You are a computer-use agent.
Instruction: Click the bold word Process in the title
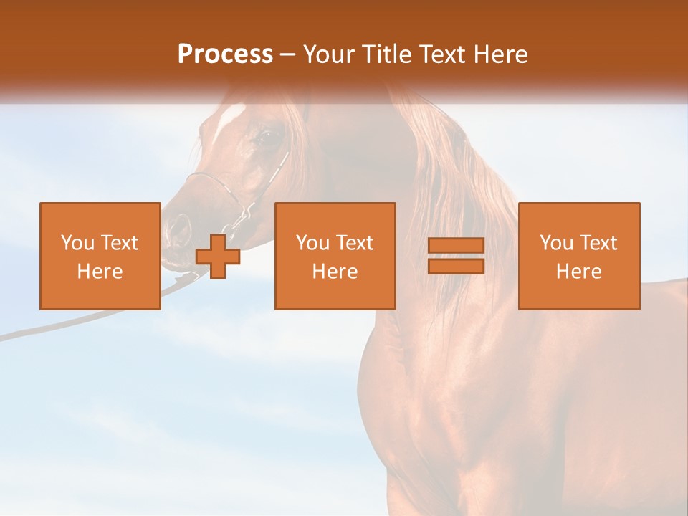[x=225, y=54]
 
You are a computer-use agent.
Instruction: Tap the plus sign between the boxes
[x=218, y=256]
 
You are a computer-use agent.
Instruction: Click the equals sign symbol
[x=456, y=256]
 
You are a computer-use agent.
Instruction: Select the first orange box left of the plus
[x=100, y=256]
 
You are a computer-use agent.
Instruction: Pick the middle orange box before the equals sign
[x=335, y=256]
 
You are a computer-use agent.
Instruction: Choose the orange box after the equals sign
[x=579, y=256]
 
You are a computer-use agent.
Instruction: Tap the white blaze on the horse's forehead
[x=231, y=115]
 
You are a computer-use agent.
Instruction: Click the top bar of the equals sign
[x=456, y=246]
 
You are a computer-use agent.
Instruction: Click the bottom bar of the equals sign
[x=456, y=266]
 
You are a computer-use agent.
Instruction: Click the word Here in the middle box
[x=335, y=272]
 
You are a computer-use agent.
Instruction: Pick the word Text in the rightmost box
[x=599, y=243]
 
